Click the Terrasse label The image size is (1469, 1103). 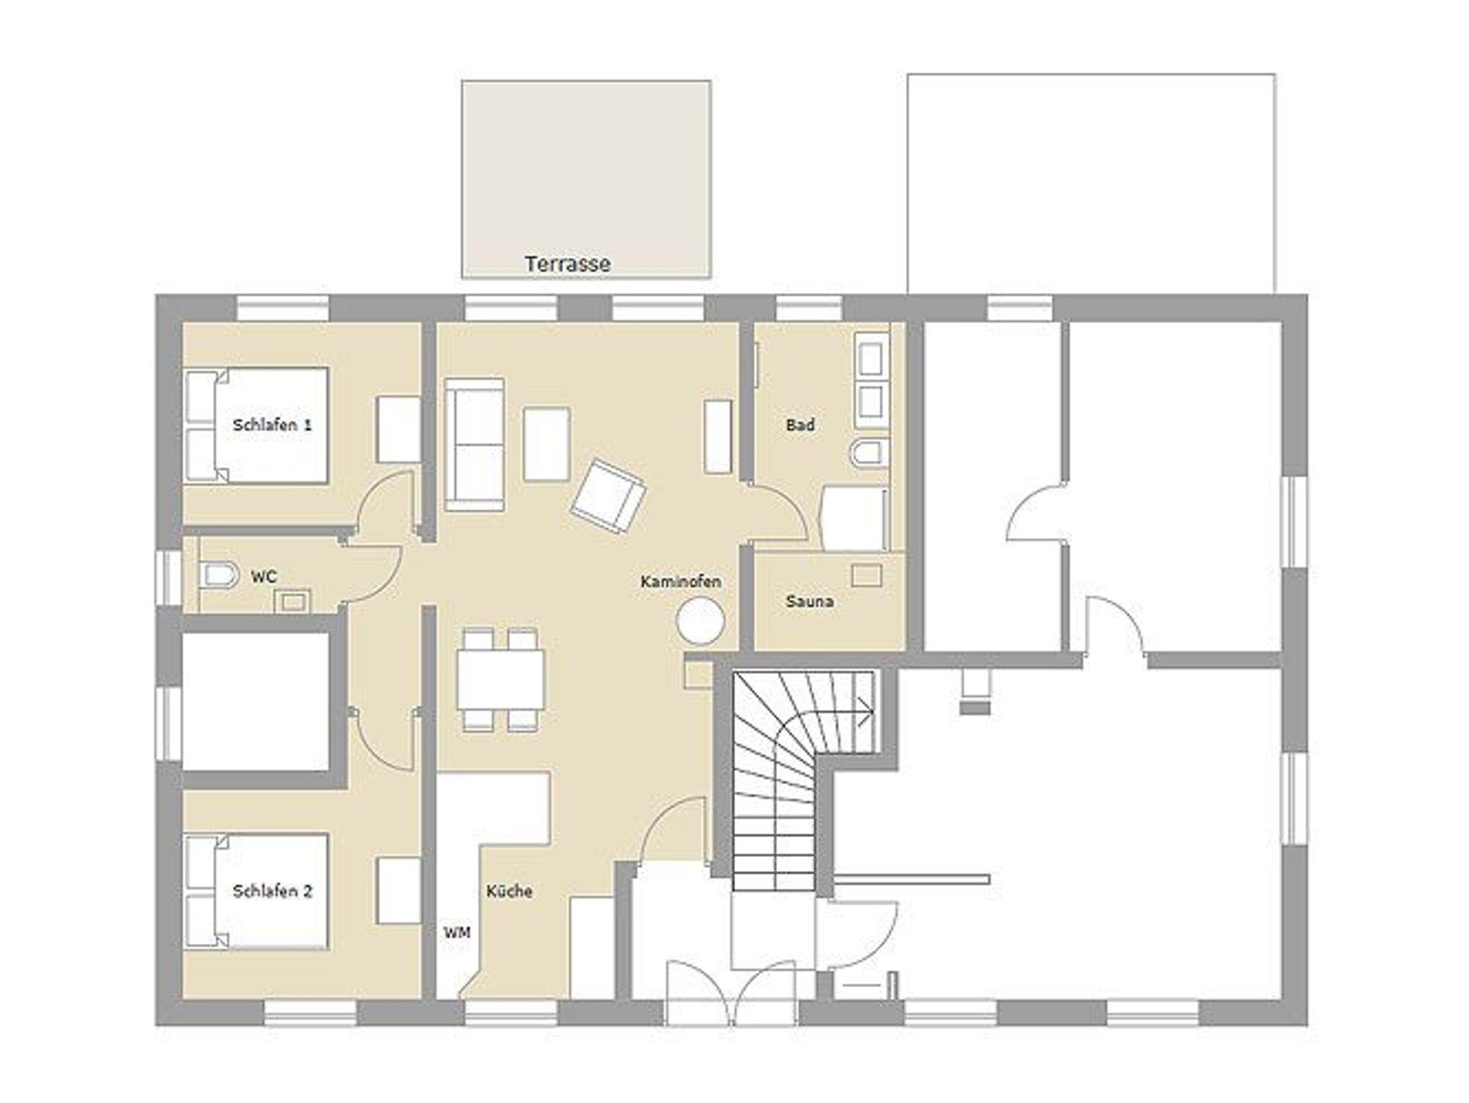click(x=567, y=264)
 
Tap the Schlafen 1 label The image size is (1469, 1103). click(x=273, y=425)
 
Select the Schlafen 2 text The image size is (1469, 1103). click(x=273, y=891)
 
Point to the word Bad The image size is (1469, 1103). click(x=800, y=425)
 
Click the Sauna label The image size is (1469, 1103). click(x=810, y=601)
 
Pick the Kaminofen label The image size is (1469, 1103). click(x=681, y=582)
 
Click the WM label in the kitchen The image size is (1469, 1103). click(x=457, y=932)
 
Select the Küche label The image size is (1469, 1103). click(x=509, y=891)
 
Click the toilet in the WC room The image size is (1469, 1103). click(x=220, y=575)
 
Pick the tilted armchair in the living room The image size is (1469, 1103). click(x=608, y=496)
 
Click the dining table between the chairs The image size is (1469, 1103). click(x=501, y=678)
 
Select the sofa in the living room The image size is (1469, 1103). click(x=474, y=445)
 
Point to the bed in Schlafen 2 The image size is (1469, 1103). click(x=257, y=891)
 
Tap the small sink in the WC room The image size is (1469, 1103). click(x=293, y=601)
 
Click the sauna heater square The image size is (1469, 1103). click(x=866, y=574)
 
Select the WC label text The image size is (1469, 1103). click(x=264, y=576)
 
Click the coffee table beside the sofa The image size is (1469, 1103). click(x=547, y=444)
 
